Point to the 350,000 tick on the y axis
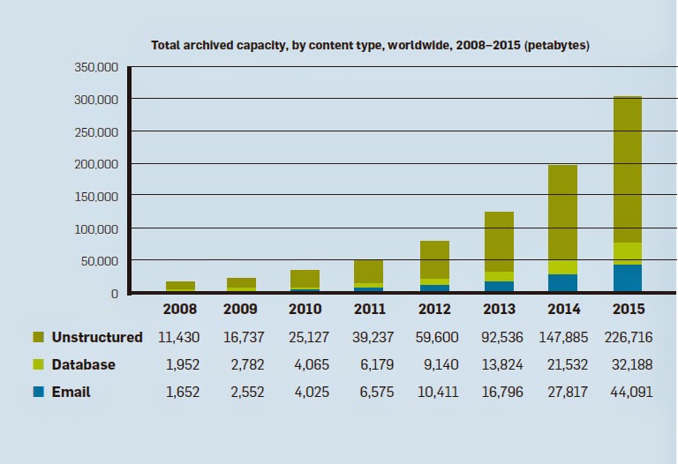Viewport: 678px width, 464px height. [94, 67]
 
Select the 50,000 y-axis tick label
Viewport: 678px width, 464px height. [98, 261]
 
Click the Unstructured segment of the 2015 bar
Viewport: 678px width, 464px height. [627, 168]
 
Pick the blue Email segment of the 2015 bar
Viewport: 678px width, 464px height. [627, 278]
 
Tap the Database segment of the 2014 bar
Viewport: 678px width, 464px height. [562, 267]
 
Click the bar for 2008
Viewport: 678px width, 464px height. [180, 286]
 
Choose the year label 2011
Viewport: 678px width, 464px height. [369, 310]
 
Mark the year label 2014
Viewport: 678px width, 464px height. [563, 310]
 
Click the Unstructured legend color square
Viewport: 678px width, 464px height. [38, 337]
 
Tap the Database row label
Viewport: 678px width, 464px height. [83, 364]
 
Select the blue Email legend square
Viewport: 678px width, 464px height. [38, 392]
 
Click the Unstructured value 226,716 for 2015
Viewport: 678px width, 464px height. [628, 337]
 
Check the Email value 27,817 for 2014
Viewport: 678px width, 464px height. [563, 392]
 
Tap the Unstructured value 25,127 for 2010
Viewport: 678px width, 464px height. [308, 337]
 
